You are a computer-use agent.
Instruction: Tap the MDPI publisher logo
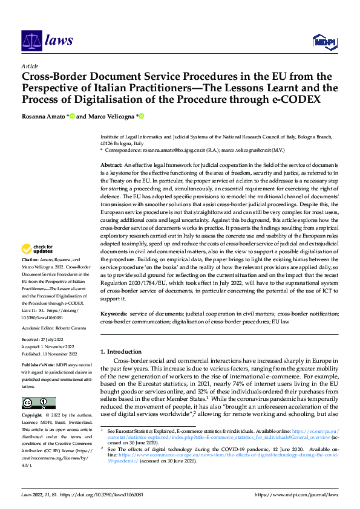[x=324, y=41]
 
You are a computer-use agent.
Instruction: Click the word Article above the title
[x=30, y=66]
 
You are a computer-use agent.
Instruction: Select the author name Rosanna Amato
[x=43, y=116]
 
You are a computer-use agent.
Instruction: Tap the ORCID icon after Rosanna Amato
[x=72, y=116]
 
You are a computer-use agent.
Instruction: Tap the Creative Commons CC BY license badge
[x=38, y=403]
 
